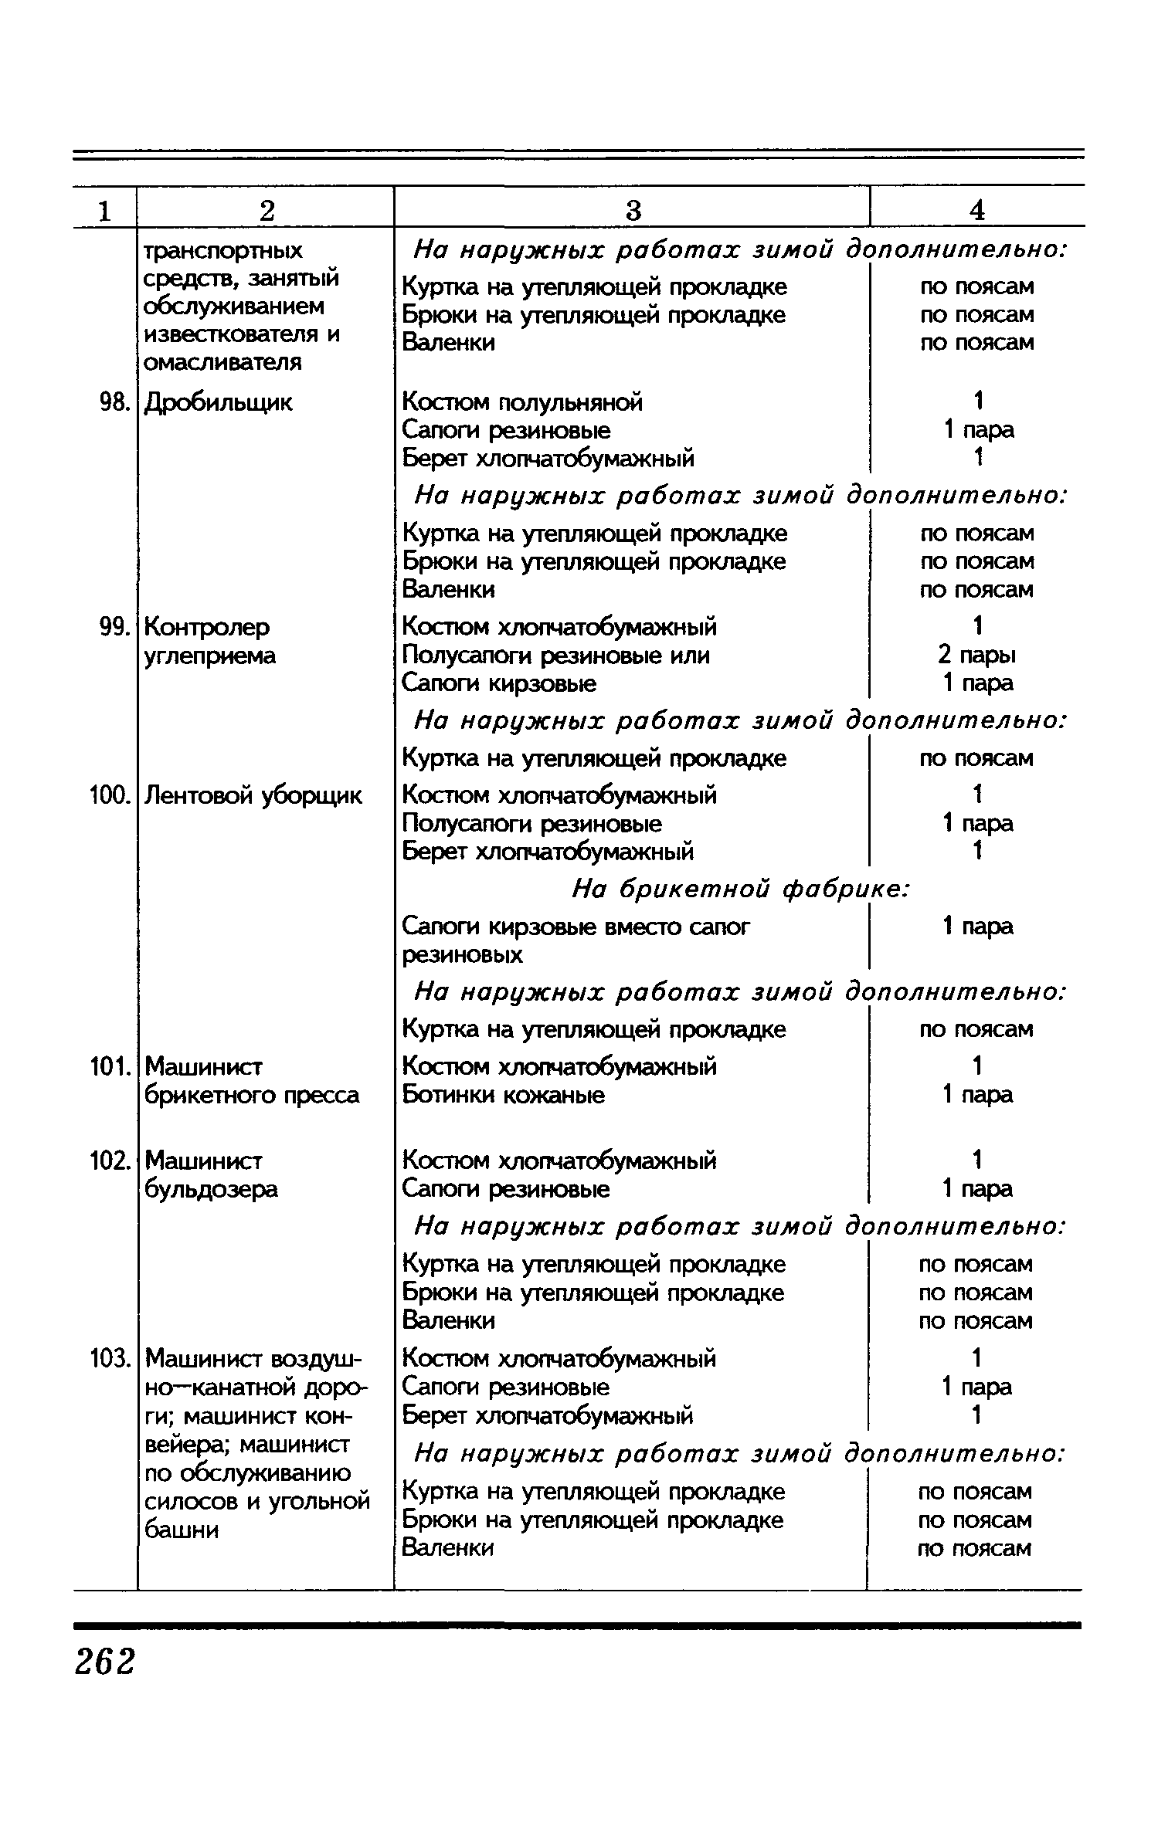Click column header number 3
click(632, 210)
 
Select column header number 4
click(977, 210)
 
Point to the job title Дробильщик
click(219, 402)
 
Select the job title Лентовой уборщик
click(253, 795)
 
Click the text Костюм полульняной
click(522, 402)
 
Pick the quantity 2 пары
click(976, 656)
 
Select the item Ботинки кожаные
click(503, 1095)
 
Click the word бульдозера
click(211, 1189)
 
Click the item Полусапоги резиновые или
click(555, 656)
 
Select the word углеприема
click(210, 656)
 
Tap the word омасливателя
click(222, 362)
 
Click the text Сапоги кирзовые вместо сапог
click(576, 927)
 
